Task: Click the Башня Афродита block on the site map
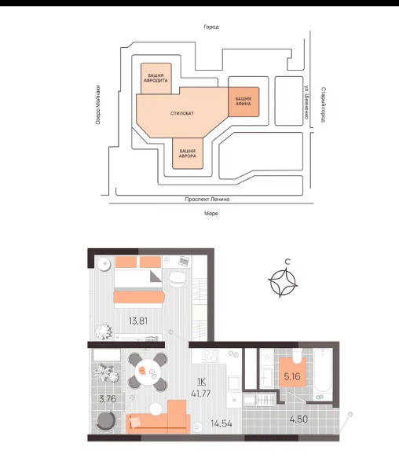(x=156, y=79)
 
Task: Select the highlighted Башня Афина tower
(x=243, y=101)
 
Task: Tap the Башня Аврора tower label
(x=188, y=153)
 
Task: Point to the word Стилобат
(x=182, y=113)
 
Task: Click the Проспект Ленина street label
(x=207, y=200)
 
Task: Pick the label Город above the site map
(x=211, y=27)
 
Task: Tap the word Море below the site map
(x=211, y=214)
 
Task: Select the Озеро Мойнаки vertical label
(x=98, y=104)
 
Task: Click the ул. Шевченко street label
(x=306, y=102)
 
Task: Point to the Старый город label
(x=323, y=104)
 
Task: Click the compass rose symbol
(x=283, y=283)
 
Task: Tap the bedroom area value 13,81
(x=138, y=321)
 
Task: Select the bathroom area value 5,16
(x=292, y=376)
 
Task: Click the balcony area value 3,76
(x=108, y=399)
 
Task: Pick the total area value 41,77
(x=200, y=394)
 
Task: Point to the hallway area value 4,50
(x=298, y=420)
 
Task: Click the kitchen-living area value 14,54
(x=221, y=423)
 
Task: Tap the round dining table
(x=148, y=372)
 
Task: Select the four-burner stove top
(x=210, y=356)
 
